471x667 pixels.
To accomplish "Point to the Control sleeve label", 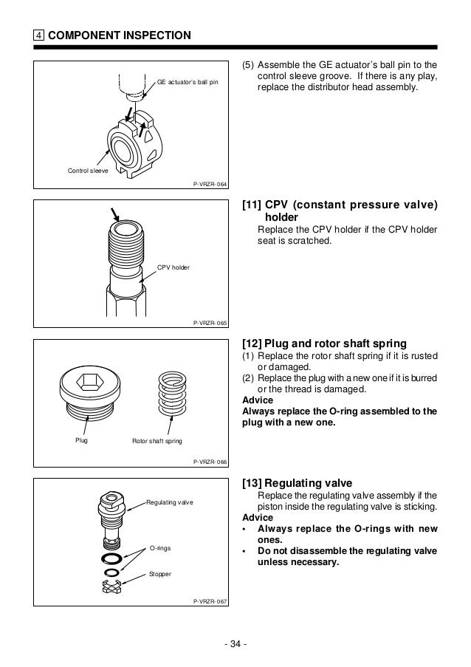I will coord(87,171).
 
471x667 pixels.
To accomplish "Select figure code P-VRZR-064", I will coord(210,186).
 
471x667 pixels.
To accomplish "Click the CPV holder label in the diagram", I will coord(173,267).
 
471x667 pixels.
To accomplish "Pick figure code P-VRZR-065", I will coord(210,324).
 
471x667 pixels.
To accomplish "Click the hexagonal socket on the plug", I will coord(87,383).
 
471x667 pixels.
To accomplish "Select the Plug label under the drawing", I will coord(81,440).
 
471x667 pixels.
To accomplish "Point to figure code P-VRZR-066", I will coord(210,461).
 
